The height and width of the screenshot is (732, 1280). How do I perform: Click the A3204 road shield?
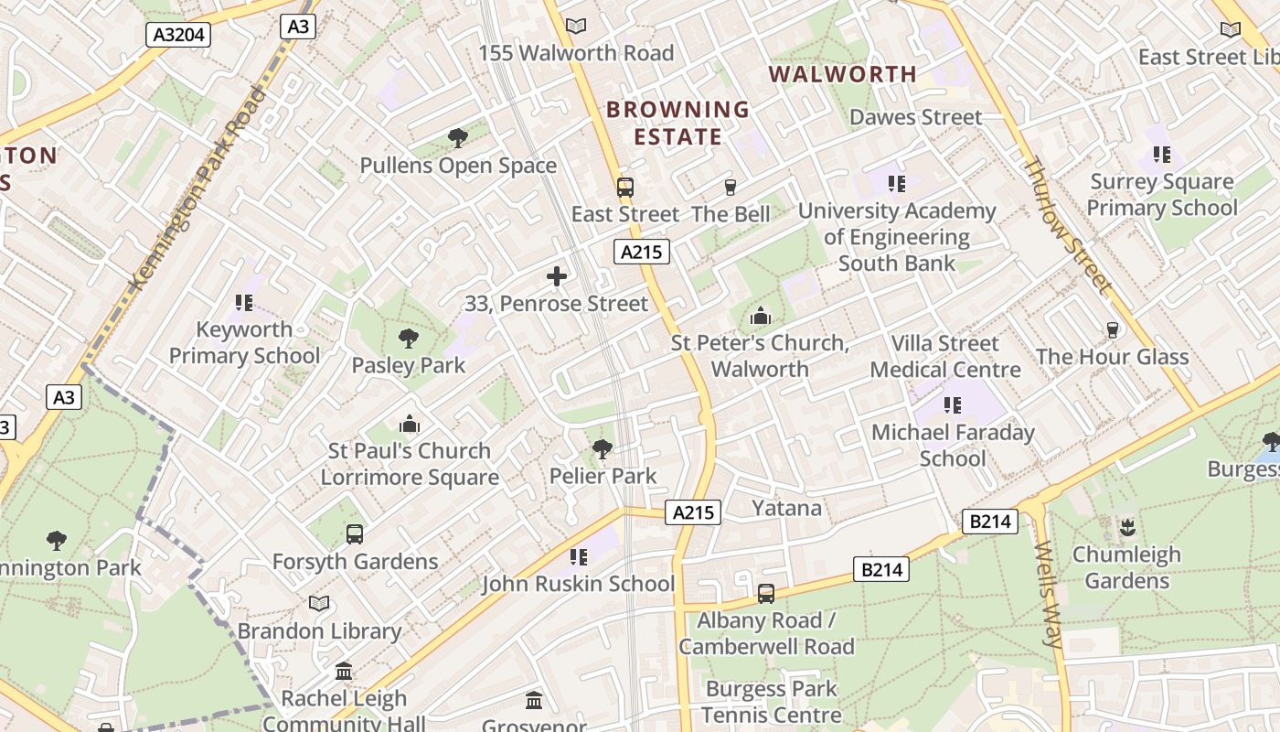[x=179, y=35]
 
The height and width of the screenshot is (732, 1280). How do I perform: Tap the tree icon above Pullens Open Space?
[x=458, y=138]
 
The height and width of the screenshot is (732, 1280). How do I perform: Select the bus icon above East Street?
[x=625, y=188]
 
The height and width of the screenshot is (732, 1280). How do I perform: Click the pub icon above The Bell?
[x=730, y=188]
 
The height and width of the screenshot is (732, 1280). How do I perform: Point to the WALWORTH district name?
[x=842, y=74]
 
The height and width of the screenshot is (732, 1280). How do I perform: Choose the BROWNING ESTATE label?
[x=677, y=124]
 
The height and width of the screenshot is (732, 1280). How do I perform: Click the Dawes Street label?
[x=915, y=117]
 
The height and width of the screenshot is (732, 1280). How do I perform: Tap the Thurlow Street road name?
[x=1067, y=225]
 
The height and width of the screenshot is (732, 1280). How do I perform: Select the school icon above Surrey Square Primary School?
[x=1162, y=155]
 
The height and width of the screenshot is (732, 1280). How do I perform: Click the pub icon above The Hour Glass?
[x=1112, y=330]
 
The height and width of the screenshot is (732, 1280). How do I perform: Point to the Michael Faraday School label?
[x=953, y=445]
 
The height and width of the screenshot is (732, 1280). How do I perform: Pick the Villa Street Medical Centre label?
[x=945, y=357]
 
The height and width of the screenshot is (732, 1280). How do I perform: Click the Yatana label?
[x=786, y=508]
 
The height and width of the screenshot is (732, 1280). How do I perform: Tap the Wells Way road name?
[x=1051, y=594]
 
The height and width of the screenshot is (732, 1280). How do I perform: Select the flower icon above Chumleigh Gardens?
[x=1127, y=528]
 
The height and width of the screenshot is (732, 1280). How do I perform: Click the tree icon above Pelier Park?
[x=603, y=449]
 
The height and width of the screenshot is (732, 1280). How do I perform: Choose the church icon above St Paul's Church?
[x=410, y=425]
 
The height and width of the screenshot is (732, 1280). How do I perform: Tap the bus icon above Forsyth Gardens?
[x=355, y=534]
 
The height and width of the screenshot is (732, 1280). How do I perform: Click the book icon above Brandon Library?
[x=319, y=604]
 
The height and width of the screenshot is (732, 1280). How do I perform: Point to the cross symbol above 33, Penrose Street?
[x=556, y=276]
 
